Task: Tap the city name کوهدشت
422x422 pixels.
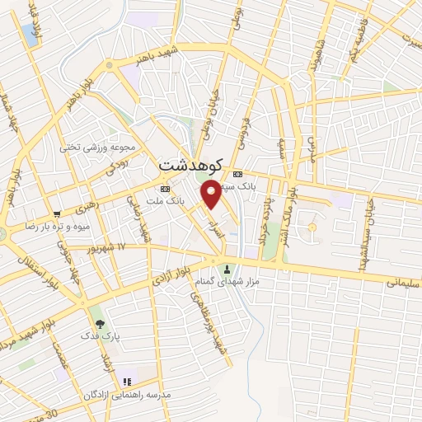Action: (189, 164)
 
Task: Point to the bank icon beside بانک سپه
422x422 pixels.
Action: (238, 174)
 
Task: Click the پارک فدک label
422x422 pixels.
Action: (98, 335)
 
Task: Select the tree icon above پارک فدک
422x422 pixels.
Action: (99, 323)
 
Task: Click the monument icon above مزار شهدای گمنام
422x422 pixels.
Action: (227, 270)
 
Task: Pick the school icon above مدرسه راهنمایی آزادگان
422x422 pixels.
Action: (127, 382)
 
